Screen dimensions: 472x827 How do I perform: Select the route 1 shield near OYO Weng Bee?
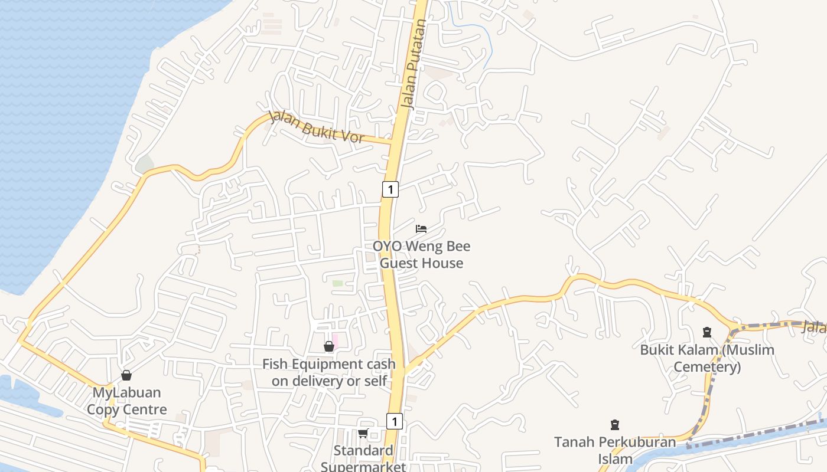[x=390, y=189]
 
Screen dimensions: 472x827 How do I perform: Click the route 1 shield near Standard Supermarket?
[x=395, y=421]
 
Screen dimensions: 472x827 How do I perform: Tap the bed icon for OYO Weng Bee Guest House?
[x=421, y=228]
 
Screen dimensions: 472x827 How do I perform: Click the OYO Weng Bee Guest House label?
[x=421, y=254]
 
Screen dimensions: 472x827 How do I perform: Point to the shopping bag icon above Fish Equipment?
[x=329, y=346]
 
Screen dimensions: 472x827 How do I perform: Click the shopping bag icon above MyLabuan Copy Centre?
[x=126, y=375]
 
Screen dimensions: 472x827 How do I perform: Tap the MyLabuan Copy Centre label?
[x=127, y=401]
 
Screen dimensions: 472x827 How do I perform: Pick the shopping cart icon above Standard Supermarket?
[x=363, y=434]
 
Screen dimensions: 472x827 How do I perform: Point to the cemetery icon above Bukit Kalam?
[x=706, y=332]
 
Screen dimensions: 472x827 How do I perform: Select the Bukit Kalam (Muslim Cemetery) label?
[x=707, y=358]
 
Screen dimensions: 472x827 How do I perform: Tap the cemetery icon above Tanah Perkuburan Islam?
[x=615, y=424]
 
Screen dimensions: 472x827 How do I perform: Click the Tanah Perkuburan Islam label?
[x=615, y=450]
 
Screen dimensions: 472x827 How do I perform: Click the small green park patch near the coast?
[x=145, y=165]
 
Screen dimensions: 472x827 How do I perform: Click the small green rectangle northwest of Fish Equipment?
[x=337, y=283]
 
